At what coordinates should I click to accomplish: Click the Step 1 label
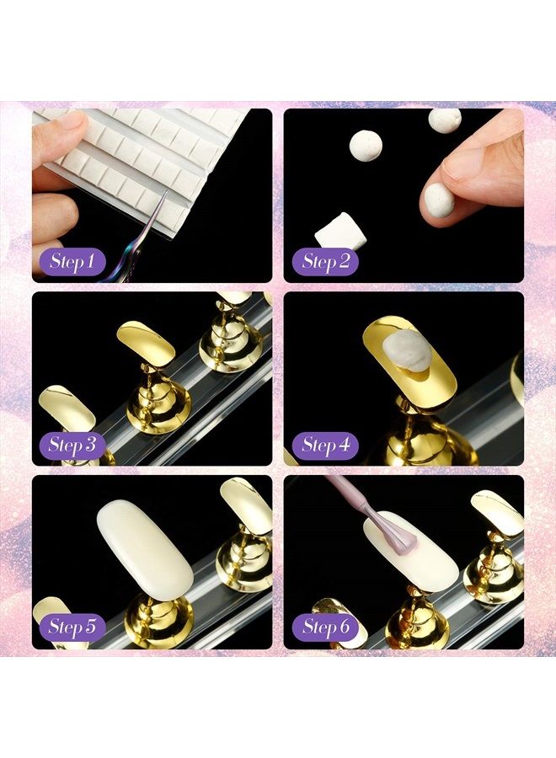(72, 261)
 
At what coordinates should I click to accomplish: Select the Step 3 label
(72, 445)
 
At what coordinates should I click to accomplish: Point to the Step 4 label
(326, 445)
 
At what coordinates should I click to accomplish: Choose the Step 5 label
(72, 627)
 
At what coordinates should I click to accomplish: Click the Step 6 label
(326, 627)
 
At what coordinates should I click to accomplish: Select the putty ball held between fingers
(438, 200)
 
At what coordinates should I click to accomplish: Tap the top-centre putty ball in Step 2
(366, 145)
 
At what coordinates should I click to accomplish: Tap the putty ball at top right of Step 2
(444, 119)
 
